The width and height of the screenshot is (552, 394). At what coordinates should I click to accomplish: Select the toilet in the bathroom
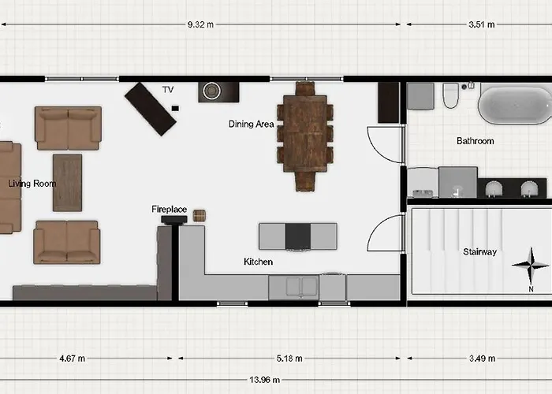(x=451, y=95)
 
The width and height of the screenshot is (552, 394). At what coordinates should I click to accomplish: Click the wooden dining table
(x=304, y=133)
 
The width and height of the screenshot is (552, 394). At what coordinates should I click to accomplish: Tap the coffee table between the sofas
(x=67, y=182)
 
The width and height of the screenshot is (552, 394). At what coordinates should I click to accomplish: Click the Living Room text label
(x=32, y=184)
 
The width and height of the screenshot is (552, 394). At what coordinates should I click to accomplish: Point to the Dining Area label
(x=251, y=124)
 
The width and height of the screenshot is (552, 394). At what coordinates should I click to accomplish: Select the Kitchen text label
(x=258, y=262)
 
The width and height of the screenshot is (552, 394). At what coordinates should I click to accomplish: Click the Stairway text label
(x=479, y=252)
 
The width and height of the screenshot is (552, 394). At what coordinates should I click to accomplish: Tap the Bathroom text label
(x=475, y=141)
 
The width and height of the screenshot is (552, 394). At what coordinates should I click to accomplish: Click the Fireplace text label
(x=169, y=210)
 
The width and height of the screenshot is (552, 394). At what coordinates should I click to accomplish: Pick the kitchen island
(x=298, y=236)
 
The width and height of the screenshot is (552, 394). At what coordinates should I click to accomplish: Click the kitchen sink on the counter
(x=293, y=287)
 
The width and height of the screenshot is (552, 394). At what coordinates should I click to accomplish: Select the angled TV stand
(x=150, y=109)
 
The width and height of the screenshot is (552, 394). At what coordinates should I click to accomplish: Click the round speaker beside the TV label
(x=211, y=91)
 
